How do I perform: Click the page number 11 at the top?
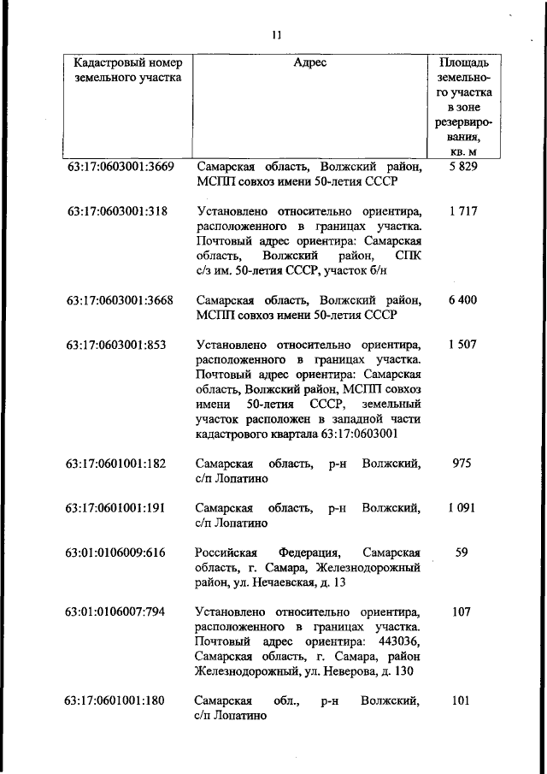pyautogui.click(x=276, y=35)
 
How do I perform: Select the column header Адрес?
pyautogui.click(x=309, y=62)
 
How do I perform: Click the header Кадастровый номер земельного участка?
pyautogui.click(x=122, y=69)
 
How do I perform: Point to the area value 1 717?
pyautogui.click(x=462, y=210)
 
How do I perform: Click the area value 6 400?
pyautogui.click(x=462, y=300)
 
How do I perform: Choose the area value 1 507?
pyautogui.click(x=462, y=345)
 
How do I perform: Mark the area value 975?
pyautogui.click(x=462, y=464)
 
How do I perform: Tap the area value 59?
pyautogui.click(x=462, y=552)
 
